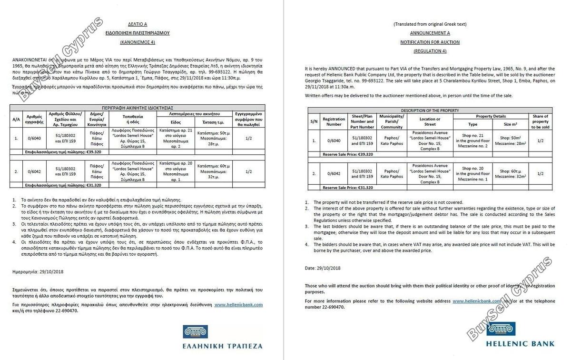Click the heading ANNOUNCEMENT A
tap(430, 33)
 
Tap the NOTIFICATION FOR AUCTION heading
tap(430, 42)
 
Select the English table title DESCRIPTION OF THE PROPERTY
tap(430, 110)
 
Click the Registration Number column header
tap(334, 121)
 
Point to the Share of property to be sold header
tap(540, 121)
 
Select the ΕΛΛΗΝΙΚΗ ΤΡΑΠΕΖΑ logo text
tap(222, 345)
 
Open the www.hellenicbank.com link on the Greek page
tap(238, 304)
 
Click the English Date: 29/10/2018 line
tap(323, 268)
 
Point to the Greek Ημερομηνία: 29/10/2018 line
tap(38, 271)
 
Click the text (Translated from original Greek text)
tap(430, 24)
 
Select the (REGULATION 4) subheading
tap(430, 51)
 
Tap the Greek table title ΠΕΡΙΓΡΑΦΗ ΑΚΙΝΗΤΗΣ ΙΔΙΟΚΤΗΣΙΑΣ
tap(137, 108)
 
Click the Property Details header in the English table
tap(491, 116)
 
